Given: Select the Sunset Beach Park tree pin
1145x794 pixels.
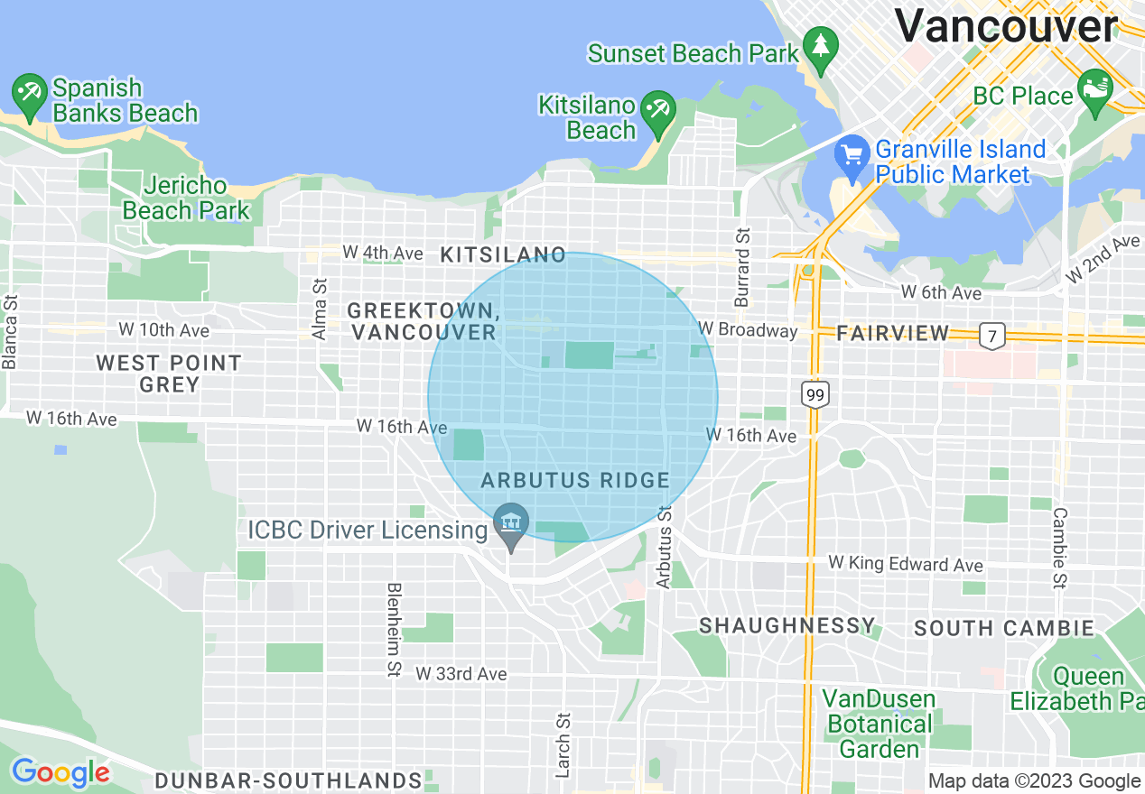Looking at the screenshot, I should (820, 49).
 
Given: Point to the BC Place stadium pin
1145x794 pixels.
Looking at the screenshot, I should (1095, 91).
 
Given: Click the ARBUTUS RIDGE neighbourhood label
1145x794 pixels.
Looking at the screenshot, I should (575, 480).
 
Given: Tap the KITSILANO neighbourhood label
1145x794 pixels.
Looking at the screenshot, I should (503, 255).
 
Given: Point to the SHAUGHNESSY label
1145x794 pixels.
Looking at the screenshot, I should (787, 625).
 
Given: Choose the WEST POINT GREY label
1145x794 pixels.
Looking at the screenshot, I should (169, 374).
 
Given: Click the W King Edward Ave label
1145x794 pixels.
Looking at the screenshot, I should (906, 564).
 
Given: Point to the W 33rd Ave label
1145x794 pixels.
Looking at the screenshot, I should (461, 674).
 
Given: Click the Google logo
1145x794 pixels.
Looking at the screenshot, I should (61, 772).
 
